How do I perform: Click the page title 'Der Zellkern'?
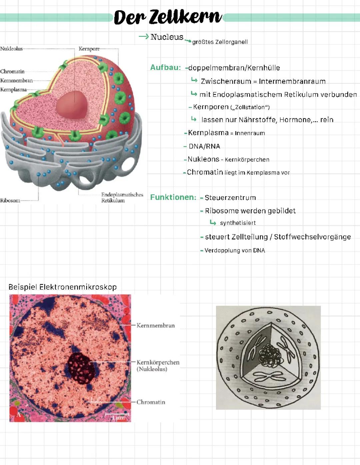point(168,17)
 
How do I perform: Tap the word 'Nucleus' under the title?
point(167,37)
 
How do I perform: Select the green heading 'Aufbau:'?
point(165,67)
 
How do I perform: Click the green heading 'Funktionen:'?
point(173,197)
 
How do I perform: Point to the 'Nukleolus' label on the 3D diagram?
point(12,49)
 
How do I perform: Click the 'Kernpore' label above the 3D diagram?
point(89,49)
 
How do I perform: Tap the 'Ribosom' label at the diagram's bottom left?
point(10,201)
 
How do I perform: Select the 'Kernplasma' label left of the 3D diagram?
point(13,90)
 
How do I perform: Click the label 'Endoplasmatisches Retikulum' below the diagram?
point(122,198)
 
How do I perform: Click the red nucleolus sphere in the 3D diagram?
point(72,105)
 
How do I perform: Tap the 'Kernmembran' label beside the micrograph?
point(156,325)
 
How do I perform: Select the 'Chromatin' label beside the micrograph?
point(151,402)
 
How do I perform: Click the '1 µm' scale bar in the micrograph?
point(117,416)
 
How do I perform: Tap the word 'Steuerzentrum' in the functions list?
point(230,198)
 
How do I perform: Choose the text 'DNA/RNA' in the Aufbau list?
point(204,146)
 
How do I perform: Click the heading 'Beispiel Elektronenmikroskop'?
point(62,287)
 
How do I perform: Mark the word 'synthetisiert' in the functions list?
point(238,223)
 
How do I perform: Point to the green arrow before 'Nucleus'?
point(144,37)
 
